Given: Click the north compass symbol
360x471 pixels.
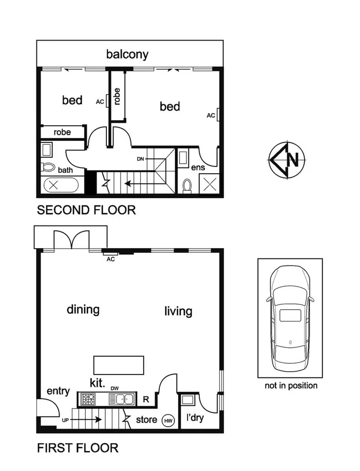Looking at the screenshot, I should click(x=288, y=159).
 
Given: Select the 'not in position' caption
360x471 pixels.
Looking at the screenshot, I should click(x=290, y=385).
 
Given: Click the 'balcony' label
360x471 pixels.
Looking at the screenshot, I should click(x=127, y=54).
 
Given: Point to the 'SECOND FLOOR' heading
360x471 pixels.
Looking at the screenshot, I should click(x=86, y=210).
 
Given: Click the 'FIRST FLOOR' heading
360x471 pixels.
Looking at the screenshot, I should click(x=78, y=448).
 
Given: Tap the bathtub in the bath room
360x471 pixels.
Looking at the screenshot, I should click(x=60, y=185).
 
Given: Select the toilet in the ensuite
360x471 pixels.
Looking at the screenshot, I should click(x=187, y=185).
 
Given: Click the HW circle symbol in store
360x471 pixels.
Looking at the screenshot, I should click(x=168, y=420).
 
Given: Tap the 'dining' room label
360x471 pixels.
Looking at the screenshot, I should click(x=83, y=310).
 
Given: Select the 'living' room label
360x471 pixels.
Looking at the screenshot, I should click(x=178, y=311).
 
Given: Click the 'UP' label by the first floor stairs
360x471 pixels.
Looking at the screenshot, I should click(x=65, y=420).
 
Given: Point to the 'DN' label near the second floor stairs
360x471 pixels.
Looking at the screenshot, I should click(x=140, y=159).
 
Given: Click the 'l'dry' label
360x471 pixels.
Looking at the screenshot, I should click(x=195, y=418).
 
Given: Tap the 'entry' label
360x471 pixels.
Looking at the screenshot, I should click(x=58, y=391).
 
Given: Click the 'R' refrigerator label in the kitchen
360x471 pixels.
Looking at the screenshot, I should click(x=146, y=398).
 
